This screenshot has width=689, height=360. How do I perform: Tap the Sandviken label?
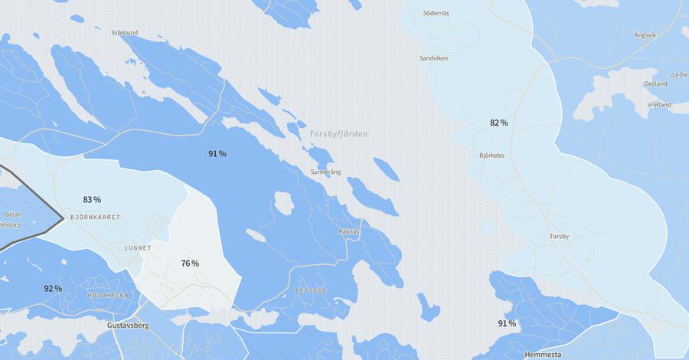(x=433, y=58)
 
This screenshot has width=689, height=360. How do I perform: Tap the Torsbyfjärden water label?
(x=338, y=134)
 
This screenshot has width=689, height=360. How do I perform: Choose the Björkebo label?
(x=491, y=155)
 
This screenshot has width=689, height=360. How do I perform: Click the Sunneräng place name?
(x=325, y=172)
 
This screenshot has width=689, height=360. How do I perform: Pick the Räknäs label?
(x=348, y=231)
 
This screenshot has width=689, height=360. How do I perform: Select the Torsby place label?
(x=559, y=236)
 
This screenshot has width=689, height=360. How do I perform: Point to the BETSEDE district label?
(x=311, y=291)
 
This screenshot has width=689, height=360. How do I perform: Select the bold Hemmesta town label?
(x=544, y=355)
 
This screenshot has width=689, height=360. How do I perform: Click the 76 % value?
(x=190, y=263)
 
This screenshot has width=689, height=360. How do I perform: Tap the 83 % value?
(x=92, y=200)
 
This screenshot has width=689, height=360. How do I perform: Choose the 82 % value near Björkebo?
(x=499, y=123)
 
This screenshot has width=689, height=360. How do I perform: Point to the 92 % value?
(x=53, y=289)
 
